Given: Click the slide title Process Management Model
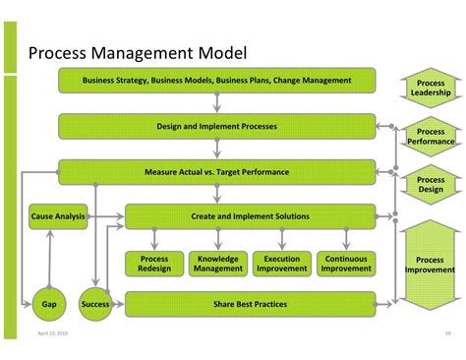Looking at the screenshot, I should pos(137,52).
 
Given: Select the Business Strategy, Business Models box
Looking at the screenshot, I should pos(216,81).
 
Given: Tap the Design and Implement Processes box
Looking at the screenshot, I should pos(216,126).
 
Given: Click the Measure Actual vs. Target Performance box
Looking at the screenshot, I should pos(216,172).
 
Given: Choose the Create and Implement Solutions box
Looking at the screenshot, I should pos(250,216).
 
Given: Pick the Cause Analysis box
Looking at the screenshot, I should pos(58,216).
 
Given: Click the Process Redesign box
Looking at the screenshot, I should pos(153,263).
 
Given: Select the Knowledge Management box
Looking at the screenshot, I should pos(217,263).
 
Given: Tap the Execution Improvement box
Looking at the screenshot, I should pos(282,263).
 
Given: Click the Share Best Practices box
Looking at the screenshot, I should pos(250,304).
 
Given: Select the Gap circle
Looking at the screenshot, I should pos(48,305).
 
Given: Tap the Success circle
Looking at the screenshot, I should pos(94,305).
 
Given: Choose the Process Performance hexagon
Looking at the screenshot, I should pos(431,137).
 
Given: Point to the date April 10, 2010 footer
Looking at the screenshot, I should pos(53,332).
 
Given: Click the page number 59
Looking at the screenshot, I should pos(435,332).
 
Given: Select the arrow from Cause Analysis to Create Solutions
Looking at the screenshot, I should pos(106,216).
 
